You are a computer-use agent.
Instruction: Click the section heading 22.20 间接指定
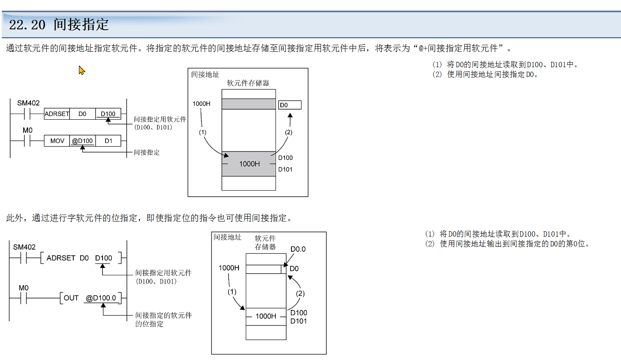[x=59, y=24]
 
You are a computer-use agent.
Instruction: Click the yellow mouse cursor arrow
[x=82, y=70]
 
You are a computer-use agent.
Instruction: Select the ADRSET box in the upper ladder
[x=57, y=114]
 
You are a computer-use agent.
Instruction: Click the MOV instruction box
[x=57, y=141]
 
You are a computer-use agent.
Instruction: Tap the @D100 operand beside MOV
[x=82, y=141]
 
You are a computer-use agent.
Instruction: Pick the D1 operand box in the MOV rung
[x=108, y=141]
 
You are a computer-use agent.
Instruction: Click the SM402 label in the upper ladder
[x=28, y=103]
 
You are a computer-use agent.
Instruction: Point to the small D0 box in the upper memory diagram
[x=290, y=105]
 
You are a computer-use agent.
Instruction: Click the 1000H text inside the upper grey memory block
[x=249, y=164]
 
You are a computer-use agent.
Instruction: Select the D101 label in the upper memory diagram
[x=285, y=169]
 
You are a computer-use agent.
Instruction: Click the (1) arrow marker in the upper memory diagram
[x=203, y=132]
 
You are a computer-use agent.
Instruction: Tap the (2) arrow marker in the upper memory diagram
[x=289, y=132]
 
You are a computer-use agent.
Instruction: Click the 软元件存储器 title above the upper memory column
[x=248, y=83]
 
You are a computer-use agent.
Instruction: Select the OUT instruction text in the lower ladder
[x=71, y=298]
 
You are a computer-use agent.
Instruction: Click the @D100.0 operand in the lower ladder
[x=101, y=298]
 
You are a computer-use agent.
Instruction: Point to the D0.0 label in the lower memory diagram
[x=298, y=249]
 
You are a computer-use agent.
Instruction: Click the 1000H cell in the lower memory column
[x=266, y=316]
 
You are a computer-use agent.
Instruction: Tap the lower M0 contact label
[x=24, y=288]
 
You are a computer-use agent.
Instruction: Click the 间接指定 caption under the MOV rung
[x=147, y=152]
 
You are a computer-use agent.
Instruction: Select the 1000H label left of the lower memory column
[x=229, y=268]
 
